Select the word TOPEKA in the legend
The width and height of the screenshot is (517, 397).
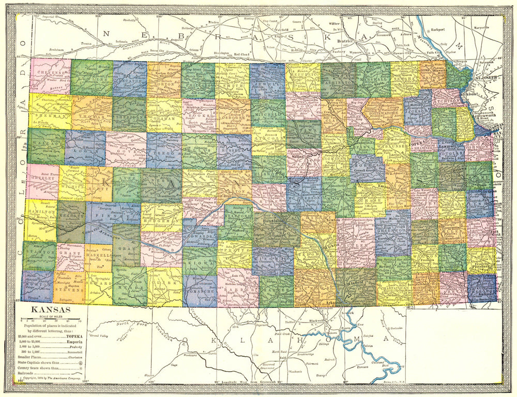pos(74,336)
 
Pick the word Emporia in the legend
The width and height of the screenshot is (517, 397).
pos(75,342)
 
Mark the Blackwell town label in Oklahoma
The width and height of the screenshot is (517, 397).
pos(317,320)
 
